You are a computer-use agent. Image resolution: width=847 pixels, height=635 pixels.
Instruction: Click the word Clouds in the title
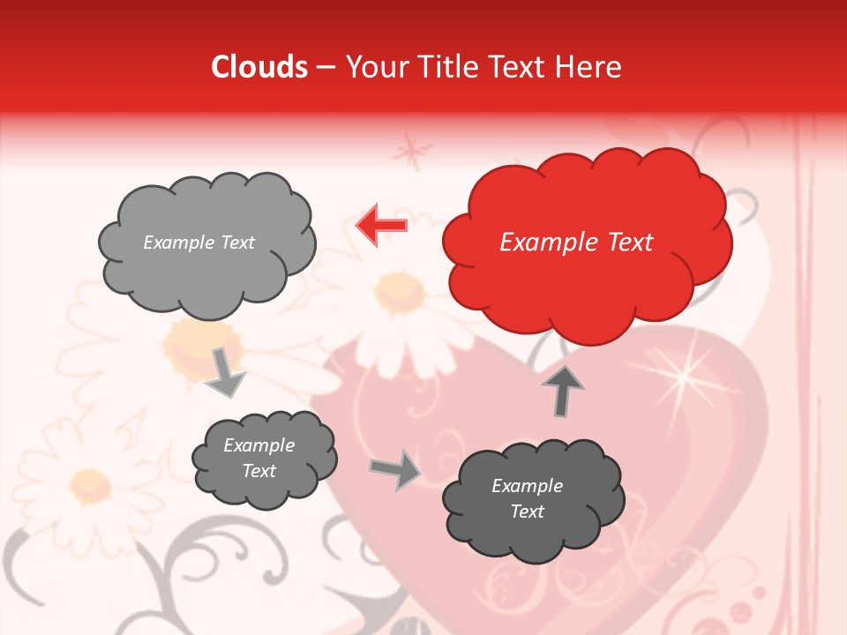(259, 67)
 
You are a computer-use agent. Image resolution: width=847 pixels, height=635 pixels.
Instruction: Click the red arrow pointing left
(382, 226)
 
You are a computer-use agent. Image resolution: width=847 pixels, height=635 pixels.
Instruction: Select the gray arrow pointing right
(396, 469)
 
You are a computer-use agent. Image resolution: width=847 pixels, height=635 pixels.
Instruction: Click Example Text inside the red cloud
(576, 243)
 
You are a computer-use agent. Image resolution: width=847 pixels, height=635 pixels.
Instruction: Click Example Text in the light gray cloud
(199, 243)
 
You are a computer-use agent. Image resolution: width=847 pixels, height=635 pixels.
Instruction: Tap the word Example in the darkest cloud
(527, 486)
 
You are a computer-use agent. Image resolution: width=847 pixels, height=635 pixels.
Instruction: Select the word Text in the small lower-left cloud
(259, 471)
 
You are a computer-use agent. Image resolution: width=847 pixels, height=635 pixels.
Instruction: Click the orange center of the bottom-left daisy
(90, 482)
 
